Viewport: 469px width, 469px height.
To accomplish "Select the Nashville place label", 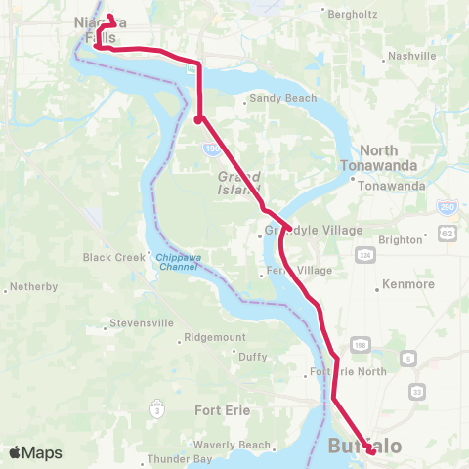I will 411,56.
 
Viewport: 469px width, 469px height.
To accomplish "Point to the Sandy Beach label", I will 275,99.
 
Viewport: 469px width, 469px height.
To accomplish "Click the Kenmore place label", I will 408,284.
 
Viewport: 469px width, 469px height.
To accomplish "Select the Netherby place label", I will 34,287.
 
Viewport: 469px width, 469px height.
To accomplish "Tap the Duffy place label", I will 252,358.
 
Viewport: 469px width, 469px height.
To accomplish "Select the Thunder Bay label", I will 179,458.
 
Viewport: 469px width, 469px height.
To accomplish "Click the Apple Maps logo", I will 36,452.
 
